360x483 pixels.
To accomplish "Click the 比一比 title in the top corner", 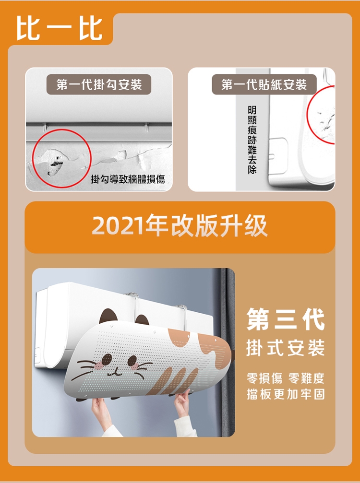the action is point(60,28).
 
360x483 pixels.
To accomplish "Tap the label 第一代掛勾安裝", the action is point(99,84).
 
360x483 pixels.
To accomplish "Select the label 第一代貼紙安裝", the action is point(264,84).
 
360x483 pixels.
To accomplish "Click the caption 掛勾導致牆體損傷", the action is point(128,179).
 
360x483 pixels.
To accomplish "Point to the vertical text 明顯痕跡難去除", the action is point(252,140).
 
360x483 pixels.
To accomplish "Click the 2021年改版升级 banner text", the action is point(180,226).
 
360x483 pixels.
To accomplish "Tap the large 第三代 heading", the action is point(286,319).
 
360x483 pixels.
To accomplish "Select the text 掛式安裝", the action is point(286,348).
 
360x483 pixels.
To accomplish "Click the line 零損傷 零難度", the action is point(286,378).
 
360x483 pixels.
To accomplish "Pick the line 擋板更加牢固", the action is point(286,394).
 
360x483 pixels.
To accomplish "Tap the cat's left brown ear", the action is point(108,316).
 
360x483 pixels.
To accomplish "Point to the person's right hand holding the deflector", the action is point(183,402).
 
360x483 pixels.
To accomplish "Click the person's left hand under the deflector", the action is point(101,409).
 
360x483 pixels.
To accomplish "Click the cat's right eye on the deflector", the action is point(133,361).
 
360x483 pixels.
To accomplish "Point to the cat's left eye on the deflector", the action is point(107,359).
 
